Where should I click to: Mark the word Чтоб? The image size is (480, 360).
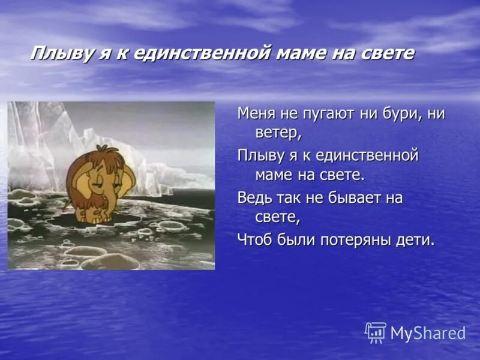(256, 239)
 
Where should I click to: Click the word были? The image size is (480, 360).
(295, 239)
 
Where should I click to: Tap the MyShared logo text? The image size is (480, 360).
(428, 334)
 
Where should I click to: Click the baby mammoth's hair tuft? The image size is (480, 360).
(102, 150)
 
